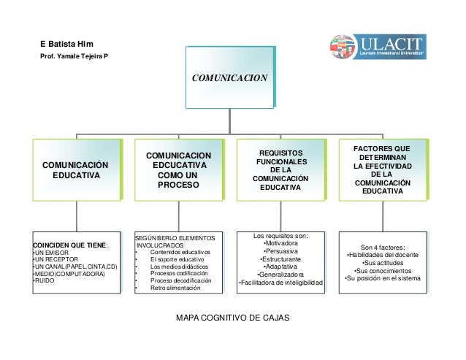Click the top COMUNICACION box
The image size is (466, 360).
(x=229, y=77)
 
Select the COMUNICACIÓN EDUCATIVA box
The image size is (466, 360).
(x=75, y=171)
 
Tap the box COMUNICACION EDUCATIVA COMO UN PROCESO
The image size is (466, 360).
(x=179, y=171)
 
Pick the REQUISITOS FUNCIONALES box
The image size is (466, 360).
(x=281, y=171)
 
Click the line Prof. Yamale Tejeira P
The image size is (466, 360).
(x=74, y=56)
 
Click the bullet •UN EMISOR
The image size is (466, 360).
(x=52, y=252)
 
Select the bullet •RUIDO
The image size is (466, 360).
(x=45, y=280)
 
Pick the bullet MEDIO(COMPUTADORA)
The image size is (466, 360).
(x=69, y=273)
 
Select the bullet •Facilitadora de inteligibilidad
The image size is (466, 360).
(x=280, y=283)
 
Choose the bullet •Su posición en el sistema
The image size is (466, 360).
(x=383, y=278)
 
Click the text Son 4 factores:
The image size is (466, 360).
(x=383, y=246)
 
